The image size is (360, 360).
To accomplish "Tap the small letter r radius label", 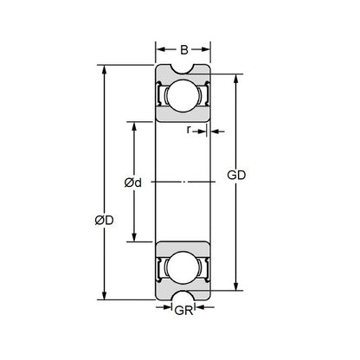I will (190, 131).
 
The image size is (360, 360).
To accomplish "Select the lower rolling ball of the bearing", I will (182, 269).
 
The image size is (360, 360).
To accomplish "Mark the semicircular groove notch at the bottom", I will (182, 295).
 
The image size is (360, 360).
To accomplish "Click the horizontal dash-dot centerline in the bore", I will (182, 182).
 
